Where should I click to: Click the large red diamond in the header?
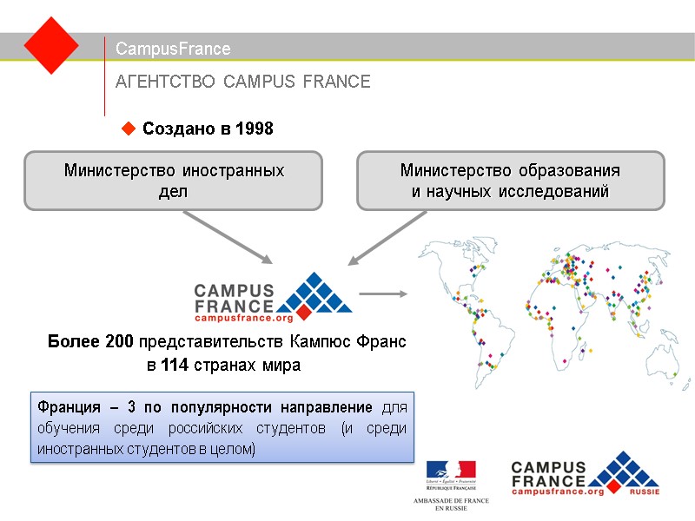(x=51, y=45)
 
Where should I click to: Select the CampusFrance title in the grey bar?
(x=173, y=49)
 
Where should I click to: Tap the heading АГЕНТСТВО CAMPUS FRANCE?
(x=243, y=82)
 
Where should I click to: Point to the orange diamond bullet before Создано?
(x=129, y=129)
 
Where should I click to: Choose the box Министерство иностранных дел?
(x=173, y=181)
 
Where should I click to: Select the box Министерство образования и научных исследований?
(x=510, y=181)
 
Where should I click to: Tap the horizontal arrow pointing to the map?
(x=383, y=293)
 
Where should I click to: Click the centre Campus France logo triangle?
(x=314, y=293)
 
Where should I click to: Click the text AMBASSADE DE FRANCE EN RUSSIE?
(x=451, y=504)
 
